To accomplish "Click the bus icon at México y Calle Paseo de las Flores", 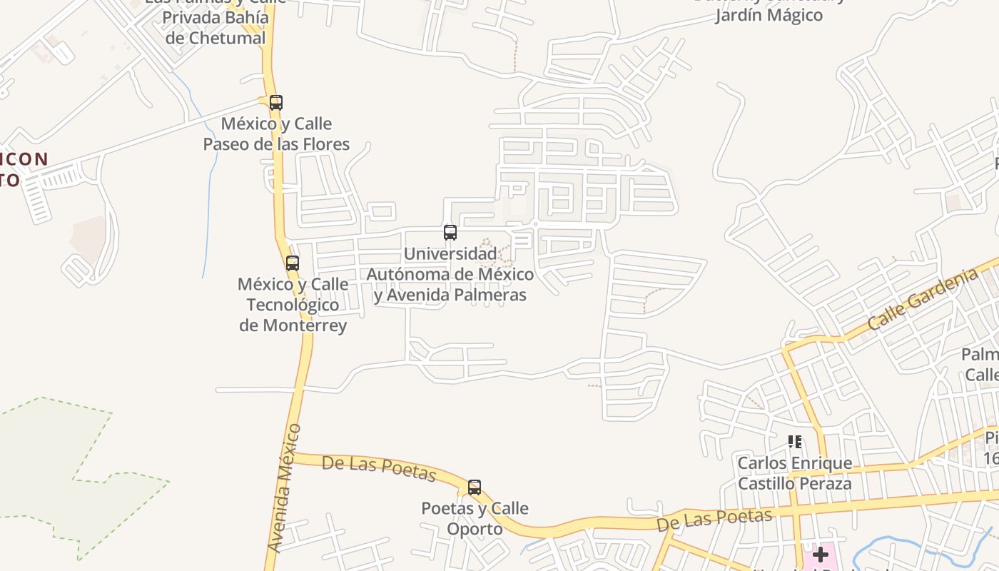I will pos(276,103).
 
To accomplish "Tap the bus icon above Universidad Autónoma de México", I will pos(450,233).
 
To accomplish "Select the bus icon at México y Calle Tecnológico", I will pos(293,263).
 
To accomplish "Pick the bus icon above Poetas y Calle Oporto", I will pos(475,488).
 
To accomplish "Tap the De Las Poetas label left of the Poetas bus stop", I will pos(378,468).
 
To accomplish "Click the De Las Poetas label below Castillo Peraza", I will pos(714,520).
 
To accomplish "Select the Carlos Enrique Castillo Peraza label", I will pos(794,473).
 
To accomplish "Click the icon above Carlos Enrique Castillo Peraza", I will pos(795,442).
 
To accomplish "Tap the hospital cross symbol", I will pos(821,554).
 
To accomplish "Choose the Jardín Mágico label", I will pos(769,15).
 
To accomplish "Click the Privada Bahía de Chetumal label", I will pos(215,28).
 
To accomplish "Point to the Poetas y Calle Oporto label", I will pos(475,519).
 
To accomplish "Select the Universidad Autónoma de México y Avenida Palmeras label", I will pos(450,274).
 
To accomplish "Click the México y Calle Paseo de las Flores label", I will pos(276,134).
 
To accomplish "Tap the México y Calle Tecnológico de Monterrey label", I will pos(293,305).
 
